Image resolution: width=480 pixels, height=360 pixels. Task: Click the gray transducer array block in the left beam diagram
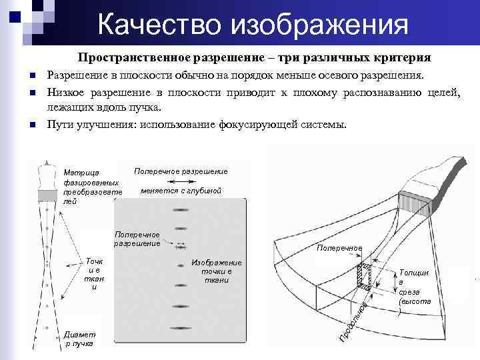pos(47,195)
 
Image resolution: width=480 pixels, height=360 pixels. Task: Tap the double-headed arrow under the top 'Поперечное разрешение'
pos(181,181)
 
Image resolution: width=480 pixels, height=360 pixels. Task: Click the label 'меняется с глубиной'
pos(181,191)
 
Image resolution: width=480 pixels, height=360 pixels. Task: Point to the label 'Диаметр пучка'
pos(80,339)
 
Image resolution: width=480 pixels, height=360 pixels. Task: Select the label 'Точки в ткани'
pos(93,273)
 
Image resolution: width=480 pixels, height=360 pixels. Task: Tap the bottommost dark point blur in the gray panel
pos(181,328)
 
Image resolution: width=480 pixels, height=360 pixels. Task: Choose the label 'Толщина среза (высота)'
pos(414,291)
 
